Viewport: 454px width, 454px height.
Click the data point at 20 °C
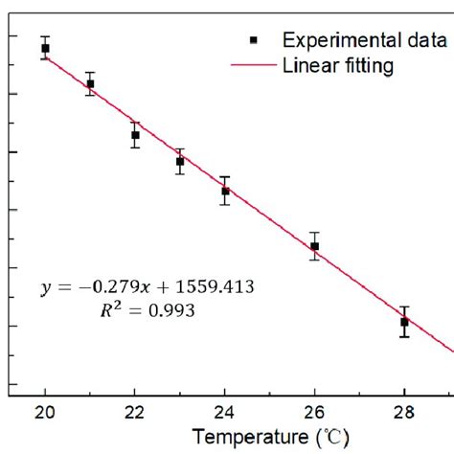click(x=45, y=48)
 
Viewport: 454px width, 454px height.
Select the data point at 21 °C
click(x=90, y=84)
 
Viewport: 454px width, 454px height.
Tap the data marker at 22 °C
click(x=135, y=135)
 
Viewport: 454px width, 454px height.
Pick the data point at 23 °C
click(x=180, y=162)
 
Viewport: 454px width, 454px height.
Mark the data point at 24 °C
click(x=225, y=191)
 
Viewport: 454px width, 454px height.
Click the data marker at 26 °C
click(x=315, y=246)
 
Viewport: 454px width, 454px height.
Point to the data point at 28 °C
click(x=404, y=322)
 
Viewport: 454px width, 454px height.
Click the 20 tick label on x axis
click(x=45, y=413)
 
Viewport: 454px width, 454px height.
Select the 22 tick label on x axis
click(x=135, y=413)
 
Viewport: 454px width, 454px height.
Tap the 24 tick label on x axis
click(x=225, y=413)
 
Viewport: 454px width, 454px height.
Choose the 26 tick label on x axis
click(x=315, y=413)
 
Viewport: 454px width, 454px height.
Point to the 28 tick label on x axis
click(x=404, y=413)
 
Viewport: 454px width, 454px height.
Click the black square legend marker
click(x=254, y=40)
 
